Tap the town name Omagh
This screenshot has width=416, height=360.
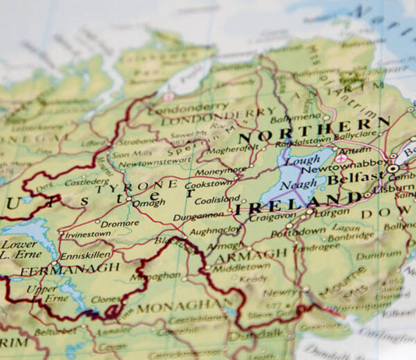point(148,204)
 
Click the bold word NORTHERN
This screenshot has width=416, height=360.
point(315,132)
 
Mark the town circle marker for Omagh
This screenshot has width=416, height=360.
point(129,199)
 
